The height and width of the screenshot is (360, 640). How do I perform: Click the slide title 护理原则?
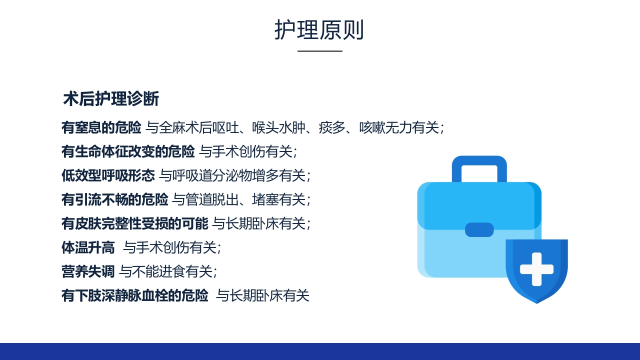(319, 30)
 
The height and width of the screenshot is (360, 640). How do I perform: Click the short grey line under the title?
(320, 51)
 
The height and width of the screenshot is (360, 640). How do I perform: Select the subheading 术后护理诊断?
(111, 99)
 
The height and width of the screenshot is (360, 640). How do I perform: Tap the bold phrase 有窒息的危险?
(101, 127)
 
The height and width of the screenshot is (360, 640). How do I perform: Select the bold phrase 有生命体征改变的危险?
(128, 151)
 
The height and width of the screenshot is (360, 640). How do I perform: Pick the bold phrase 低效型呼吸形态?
(108, 175)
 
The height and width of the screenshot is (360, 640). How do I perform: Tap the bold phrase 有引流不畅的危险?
(114, 199)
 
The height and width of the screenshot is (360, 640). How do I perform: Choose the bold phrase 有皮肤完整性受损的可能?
(134, 223)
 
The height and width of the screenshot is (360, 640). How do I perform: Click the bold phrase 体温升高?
(88, 247)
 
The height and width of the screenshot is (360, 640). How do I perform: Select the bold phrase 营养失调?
(88, 271)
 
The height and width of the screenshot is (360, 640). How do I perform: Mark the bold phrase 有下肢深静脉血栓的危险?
(134, 295)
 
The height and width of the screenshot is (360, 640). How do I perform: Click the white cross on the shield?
(536, 269)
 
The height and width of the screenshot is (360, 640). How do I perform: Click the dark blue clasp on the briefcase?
(479, 229)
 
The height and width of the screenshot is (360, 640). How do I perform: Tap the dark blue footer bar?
(320, 351)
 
